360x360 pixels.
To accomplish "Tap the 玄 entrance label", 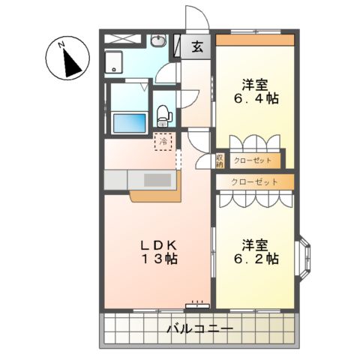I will [x=196, y=47].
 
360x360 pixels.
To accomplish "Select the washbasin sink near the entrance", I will [x=159, y=41].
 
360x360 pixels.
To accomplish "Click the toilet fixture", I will [x=164, y=114].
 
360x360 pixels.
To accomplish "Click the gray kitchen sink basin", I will [x=157, y=180].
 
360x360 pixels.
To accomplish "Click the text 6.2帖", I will [x=260, y=259].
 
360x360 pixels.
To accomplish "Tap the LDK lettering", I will [x=156, y=244].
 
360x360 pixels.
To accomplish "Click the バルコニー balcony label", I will [x=199, y=328].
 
